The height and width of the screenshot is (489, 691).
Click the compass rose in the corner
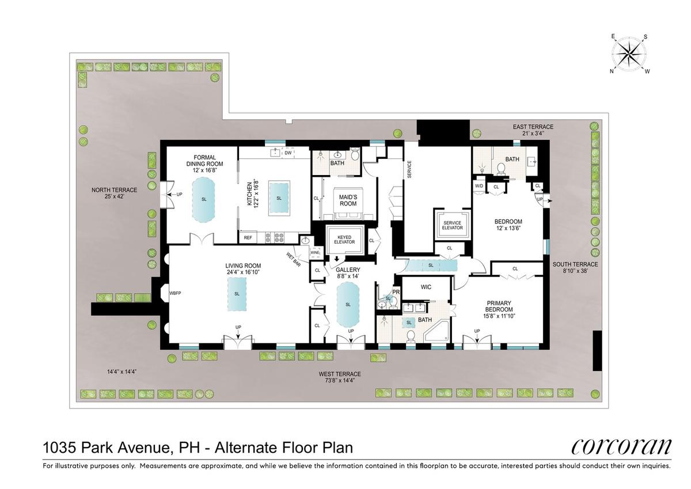point(629,56)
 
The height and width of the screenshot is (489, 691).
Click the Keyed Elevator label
point(344,240)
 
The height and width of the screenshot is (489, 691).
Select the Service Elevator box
point(452,225)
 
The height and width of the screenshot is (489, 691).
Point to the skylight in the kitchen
point(279,198)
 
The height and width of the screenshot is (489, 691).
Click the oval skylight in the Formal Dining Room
point(204,200)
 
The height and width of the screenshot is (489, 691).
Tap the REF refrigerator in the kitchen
point(248,237)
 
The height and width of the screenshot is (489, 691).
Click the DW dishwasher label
point(288,153)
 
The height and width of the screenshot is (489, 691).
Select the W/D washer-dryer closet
point(479,187)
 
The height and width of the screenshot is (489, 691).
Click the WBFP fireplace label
point(175,293)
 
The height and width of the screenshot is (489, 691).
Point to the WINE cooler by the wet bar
point(315,252)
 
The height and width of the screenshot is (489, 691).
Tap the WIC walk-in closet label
point(426,287)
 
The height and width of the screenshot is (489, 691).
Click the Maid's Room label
point(348,200)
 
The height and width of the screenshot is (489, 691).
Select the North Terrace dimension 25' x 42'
point(114,196)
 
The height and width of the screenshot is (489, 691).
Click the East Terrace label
point(533,127)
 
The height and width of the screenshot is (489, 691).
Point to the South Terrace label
point(575,264)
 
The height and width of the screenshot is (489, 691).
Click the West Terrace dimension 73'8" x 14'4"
point(340,380)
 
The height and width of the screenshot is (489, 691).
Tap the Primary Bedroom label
point(499,306)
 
